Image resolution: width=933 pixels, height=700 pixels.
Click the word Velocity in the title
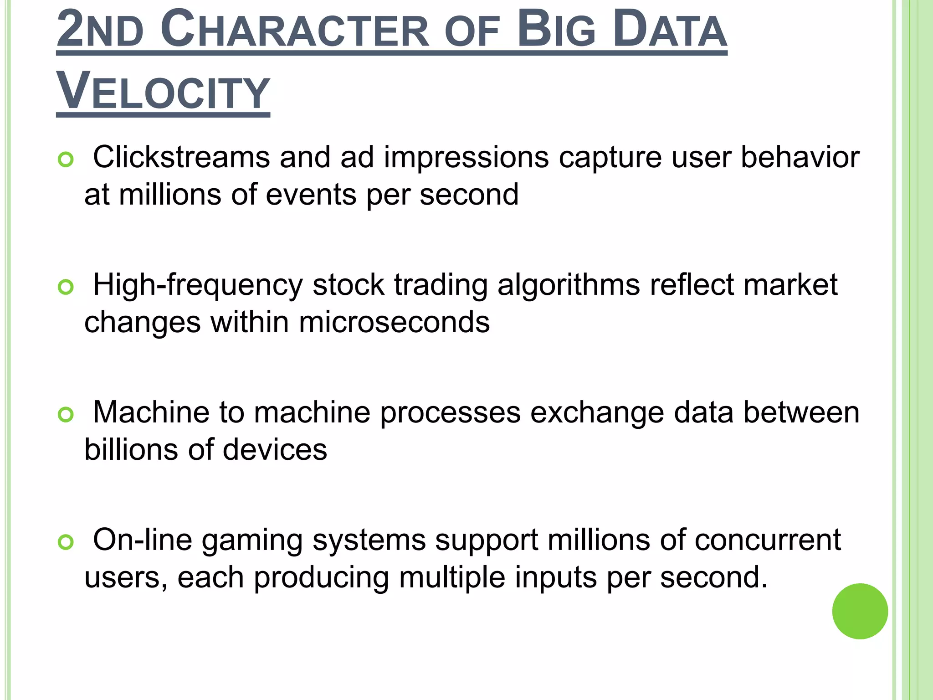tap(163, 92)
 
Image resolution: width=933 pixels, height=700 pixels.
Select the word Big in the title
tap(556, 31)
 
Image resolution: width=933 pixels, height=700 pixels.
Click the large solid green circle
tap(860, 611)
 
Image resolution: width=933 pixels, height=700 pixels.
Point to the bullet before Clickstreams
tap(66, 160)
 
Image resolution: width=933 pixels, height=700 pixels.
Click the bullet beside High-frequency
tap(66, 287)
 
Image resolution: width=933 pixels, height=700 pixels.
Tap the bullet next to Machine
tap(66, 415)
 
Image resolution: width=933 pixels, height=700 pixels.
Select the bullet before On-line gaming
tap(66, 542)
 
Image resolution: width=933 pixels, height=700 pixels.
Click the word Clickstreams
tap(181, 157)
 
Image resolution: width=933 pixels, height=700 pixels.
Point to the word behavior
tap(800, 157)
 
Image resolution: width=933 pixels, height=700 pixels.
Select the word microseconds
tap(394, 322)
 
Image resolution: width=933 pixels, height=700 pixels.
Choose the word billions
tap(131, 450)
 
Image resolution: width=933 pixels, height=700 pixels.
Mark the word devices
tap(275, 450)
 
